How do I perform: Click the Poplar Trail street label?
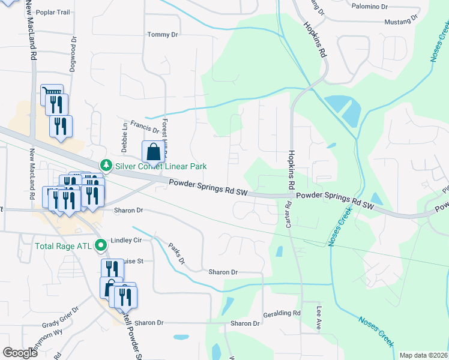point(53,12)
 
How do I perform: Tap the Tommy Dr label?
point(163,35)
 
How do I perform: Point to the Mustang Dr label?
point(402,22)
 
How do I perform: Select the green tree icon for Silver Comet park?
point(106,164)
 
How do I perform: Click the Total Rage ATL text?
point(64,245)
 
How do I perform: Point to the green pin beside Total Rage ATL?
point(101,245)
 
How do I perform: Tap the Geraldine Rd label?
point(282,314)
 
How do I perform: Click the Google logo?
point(20,352)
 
